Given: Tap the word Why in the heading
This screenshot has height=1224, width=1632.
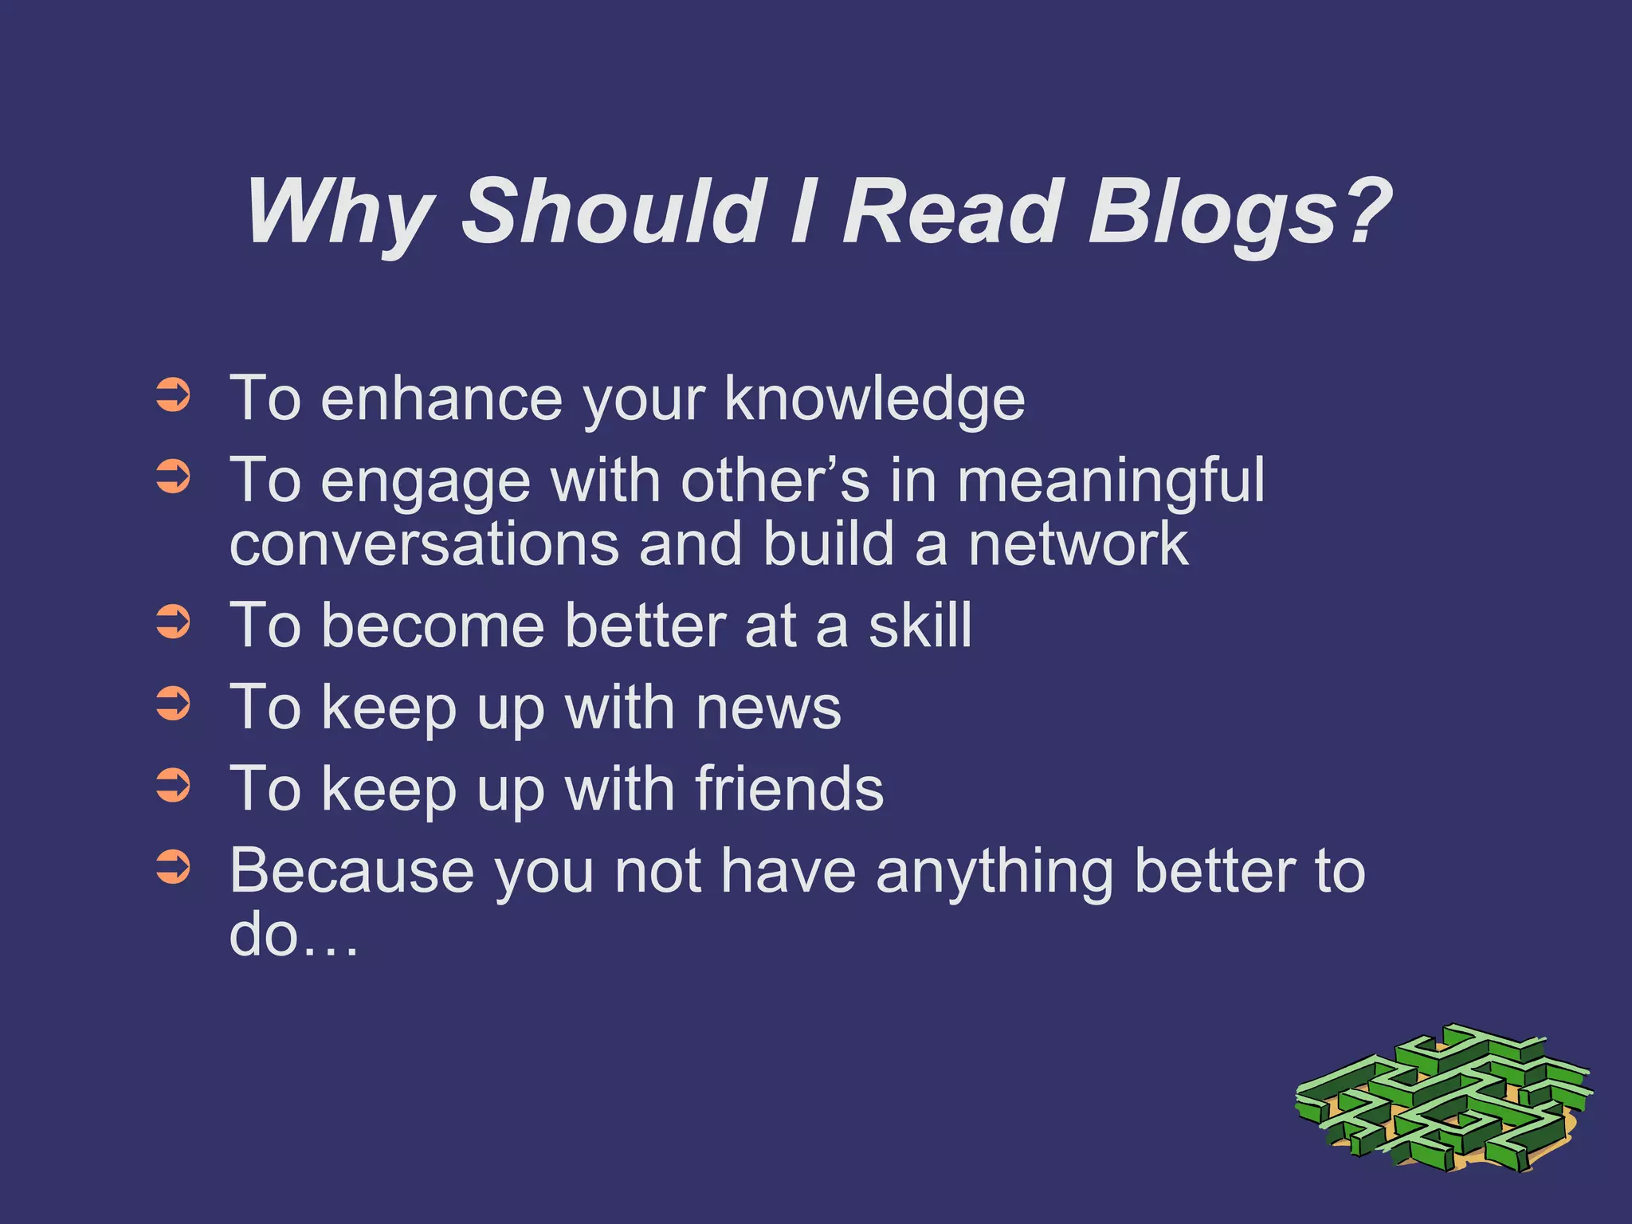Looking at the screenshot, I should coord(339,211).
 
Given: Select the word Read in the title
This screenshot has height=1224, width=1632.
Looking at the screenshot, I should coord(952,211).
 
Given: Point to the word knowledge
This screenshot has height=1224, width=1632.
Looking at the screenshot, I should coord(874,398).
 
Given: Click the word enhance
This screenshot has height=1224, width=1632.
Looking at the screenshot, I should coord(441,398).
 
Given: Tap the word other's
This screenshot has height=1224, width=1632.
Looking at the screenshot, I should coord(775,481).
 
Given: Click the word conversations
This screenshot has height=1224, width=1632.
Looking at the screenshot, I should coord(423,544).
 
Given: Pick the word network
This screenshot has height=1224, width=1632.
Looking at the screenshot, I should coord(1077,544).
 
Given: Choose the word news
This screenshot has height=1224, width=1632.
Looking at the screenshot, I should coord(768,708).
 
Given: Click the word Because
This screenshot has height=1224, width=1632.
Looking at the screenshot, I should coord(351,870).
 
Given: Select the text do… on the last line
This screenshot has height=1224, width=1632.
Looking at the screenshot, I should coord(292,935).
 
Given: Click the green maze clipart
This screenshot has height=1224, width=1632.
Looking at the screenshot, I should coord(1442,1098).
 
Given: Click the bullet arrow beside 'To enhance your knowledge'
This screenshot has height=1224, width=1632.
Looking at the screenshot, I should coord(173,396).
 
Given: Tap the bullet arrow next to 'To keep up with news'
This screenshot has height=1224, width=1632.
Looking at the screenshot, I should coord(173,704).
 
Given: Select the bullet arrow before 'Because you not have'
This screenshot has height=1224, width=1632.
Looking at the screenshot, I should coord(173,867).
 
